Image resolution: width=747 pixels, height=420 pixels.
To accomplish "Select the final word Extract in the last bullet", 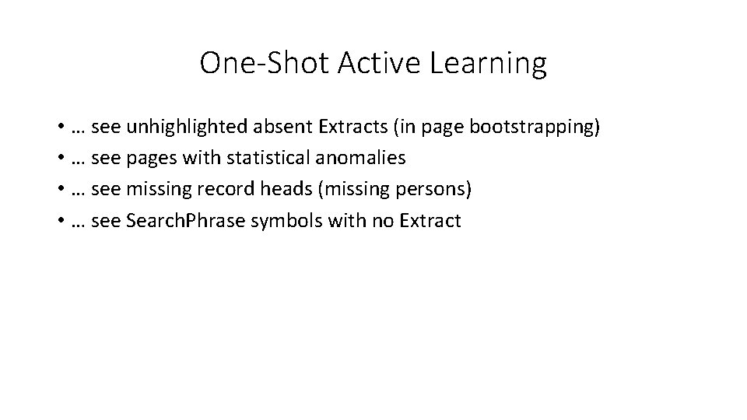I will [x=430, y=220].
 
